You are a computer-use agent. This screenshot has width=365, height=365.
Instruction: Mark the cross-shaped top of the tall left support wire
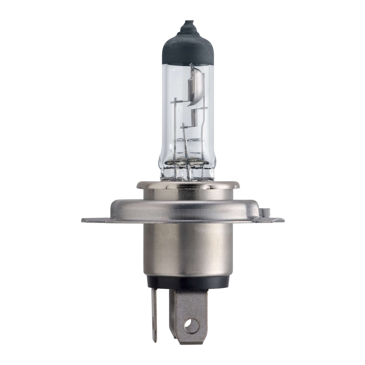pyautogui.click(x=175, y=103)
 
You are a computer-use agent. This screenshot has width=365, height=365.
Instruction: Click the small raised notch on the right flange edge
pyautogui.click(x=265, y=211)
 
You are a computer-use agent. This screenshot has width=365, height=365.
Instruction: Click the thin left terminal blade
pyautogui.click(x=154, y=313)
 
